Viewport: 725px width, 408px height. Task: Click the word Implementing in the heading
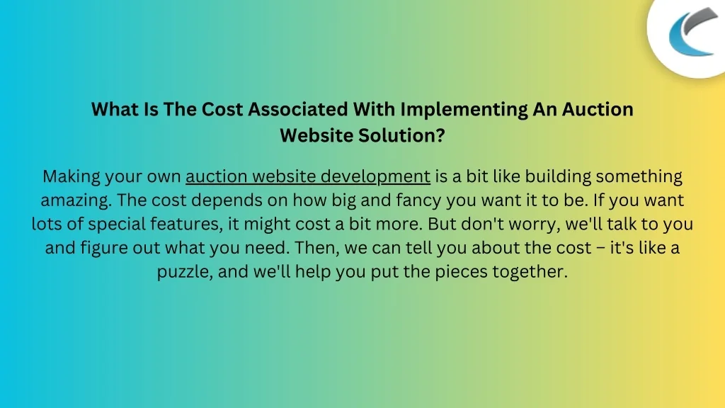[464, 110]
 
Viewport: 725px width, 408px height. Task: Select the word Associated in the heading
[298, 109]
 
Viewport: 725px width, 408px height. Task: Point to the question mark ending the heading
[440, 135]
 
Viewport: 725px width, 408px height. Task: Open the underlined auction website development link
[308, 176]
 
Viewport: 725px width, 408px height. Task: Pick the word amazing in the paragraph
[76, 200]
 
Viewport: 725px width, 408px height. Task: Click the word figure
[105, 248]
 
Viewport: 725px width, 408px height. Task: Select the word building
[558, 176]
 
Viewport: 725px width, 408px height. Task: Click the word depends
[226, 200]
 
